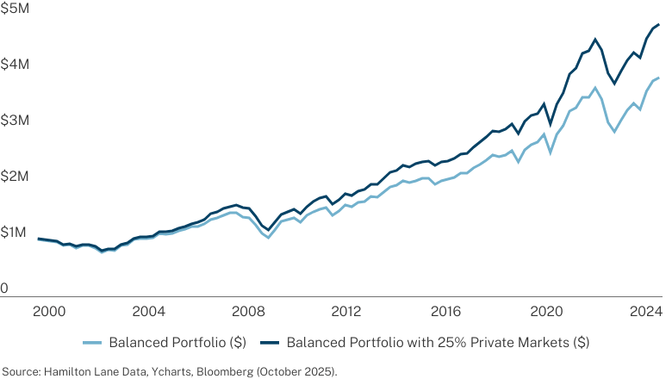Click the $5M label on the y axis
pyautogui.click(x=15, y=8)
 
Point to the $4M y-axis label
pyautogui.click(x=15, y=65)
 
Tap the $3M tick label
pyautogui.click(x=15, y=121)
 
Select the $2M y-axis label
pyautogui.click(x=15, y=176)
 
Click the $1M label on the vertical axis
pyautogui.click(x=13, y=232)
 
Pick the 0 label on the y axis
pyautogui.click(x=4, y=289)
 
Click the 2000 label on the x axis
pyautogui.click(x=49, y=311)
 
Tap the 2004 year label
pyautogui.click(x=149, y=311)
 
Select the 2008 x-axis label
pyautogui.click(x=248, y=311)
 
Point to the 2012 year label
pyautogui.click(x=347, y=311)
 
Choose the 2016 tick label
pyautogui.click(x=446, y=311)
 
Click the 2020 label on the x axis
pyautogui.click(x=546, y=311)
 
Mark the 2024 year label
pyautogui.click(x=646, y=311)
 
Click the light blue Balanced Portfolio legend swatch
pyautogui.click(x=92, y=343)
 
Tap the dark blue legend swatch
pyautogui.click(x=270, y=343)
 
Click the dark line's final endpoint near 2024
pyautogui.click(x=659, y=25)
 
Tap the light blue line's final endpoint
pyautogui.click(x=659, y=78)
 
